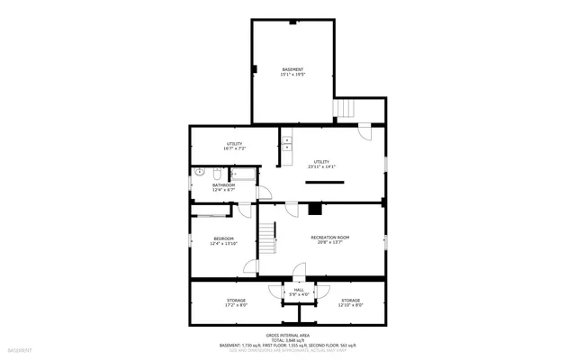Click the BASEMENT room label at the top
click(292, 69)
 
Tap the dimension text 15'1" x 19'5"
click(292, 75)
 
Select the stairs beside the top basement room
click(346, 109)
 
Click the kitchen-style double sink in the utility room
click(284, 141)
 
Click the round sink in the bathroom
click(218, 170)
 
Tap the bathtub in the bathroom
click(243, 175)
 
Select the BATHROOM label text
click(223, 185)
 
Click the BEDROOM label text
click(223, 238)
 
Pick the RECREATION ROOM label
click(329, 237)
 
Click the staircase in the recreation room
click(267, 239)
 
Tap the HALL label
click(299, 289)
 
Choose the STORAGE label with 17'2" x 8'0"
click(235, 300)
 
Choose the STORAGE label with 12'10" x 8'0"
click(350, 300)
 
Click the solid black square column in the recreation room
click(314, 209)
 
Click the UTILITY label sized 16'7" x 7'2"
click(235, 143)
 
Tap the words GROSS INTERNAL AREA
click(288, 334)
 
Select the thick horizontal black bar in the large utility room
click(324, 182)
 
